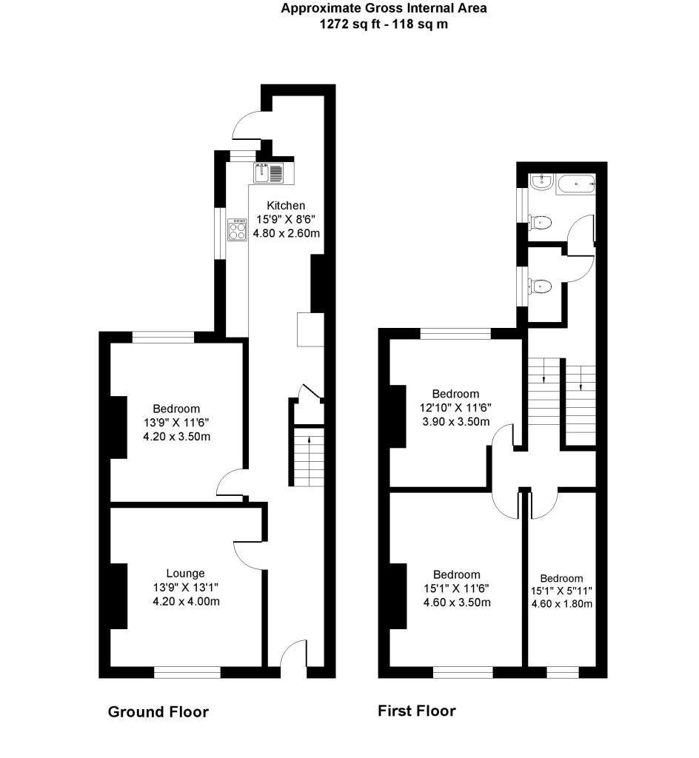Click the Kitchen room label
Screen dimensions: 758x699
(x=286, y=206)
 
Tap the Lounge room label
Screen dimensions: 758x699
(x=185, y=573)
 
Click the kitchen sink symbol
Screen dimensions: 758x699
(x=261, y=172)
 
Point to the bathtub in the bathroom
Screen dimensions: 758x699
(x=575, y=183)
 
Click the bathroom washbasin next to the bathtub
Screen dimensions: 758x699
(x=540, y=182)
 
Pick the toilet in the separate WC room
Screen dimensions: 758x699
(x=541, y=286)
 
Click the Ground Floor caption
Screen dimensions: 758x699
(x=158, y=712)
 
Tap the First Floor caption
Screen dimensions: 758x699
(x=416, y=711)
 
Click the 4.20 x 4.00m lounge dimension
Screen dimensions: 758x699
(x=186, y=601)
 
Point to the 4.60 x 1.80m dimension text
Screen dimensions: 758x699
(x=561, y=603)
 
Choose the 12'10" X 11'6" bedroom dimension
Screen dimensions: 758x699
(x=455, y=408)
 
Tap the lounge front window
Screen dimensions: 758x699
(x=187, y=672)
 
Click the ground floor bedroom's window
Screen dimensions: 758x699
(x=164, y=338)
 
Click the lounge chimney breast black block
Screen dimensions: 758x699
(x=118, y=596)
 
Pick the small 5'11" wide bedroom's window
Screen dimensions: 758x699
(x=563, y=672)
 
